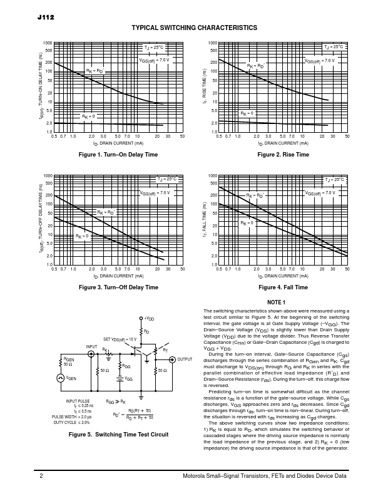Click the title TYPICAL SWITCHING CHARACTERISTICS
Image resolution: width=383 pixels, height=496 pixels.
point(194,28)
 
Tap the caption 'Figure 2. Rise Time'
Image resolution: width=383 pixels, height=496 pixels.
point(283,155)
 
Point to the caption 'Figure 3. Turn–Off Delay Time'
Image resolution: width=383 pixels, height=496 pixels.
point(118,287)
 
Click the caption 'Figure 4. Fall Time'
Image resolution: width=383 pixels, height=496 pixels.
point(283,287)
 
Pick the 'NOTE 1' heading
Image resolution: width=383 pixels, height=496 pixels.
point(276,302)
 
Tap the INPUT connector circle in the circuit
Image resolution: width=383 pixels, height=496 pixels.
point(92,354)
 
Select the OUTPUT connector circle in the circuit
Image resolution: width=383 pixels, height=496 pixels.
point(172,359)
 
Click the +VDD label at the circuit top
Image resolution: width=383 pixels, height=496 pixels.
point(148,319)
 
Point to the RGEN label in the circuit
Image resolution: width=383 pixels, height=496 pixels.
point(68,360)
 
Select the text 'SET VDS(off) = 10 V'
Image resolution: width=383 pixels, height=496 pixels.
point(120,339)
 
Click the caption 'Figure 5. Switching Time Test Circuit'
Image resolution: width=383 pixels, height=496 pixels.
point(118,435)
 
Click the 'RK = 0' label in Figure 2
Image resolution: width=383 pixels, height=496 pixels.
point(247,113)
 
